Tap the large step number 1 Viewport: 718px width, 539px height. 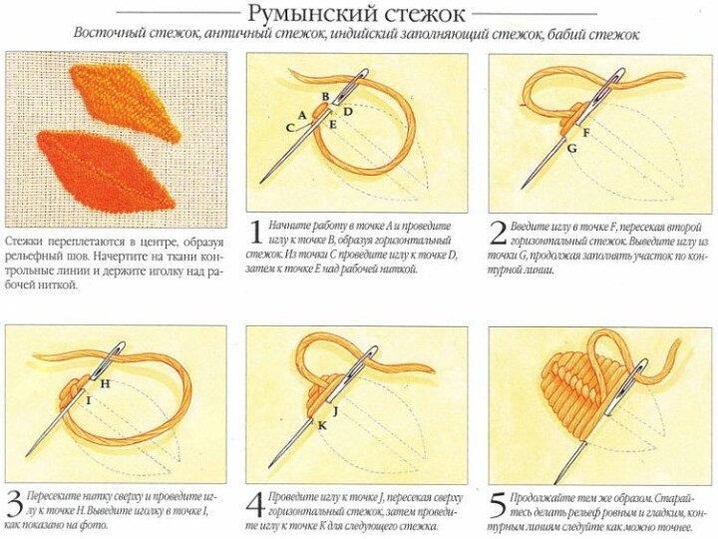click(x=256, y=233)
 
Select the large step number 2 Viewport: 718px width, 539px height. click(x=499, y=234)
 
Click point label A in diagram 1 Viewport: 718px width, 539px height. click(x=302, y=115)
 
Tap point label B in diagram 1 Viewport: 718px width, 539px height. click(x=325, y=96)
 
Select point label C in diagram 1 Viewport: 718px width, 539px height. click(x=290, y=128)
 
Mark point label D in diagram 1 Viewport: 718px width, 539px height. click(x=348, y=112)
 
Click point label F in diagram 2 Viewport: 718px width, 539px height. click(x=586, y=133)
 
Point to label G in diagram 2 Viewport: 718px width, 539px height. click(x=571, y=149)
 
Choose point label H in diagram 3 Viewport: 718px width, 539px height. click(x=106, y=383)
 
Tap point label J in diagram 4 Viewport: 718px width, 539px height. click(x=336, y=411)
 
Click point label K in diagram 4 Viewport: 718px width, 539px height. click(x=322, y=426)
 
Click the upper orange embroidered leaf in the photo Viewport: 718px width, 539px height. click(x=126, y=102)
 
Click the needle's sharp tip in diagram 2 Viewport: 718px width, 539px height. click(x=523, y=188)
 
